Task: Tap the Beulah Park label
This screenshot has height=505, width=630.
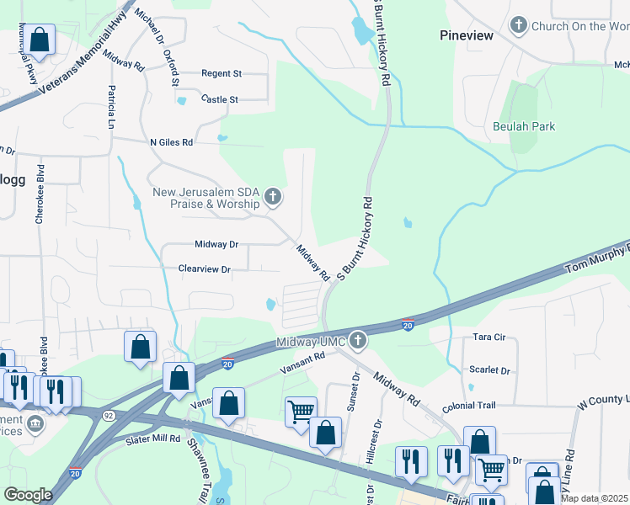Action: pyautogui.click(x=524, y=127)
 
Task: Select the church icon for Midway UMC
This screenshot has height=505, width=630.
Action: pyautogui.click(x=358, y=341)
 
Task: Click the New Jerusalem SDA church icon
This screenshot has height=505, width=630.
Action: pyautogui.click(x=272, y=198)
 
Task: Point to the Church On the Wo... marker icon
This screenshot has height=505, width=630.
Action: pyautogui.click(x=519, y=26)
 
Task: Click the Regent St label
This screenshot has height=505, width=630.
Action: pyautogui.click(x=222, y=74)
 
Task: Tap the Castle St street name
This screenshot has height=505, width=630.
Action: pyautogui.click(x=220, y=99)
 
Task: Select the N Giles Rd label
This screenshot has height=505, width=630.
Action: pyautogui.click(x=171, y=142)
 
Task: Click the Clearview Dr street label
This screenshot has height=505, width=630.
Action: pyautogui.click(x=204, y=269)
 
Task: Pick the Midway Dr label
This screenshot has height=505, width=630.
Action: pyautogui.click(x=216, y=244)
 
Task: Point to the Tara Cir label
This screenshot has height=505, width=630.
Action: pyautogui.click(x=489, y=337)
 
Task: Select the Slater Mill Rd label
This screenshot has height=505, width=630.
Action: pyautogui.click(x=153, y=439)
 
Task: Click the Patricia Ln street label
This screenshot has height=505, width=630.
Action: pyautogui.click(x=110, y=107)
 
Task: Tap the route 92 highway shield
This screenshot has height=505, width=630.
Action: pyautogui.click(x=110, y=415)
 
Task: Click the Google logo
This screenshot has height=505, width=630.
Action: pyautogui.click(x=28, y=495)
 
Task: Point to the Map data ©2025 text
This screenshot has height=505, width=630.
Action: pyautogui.click(x=594, y=498)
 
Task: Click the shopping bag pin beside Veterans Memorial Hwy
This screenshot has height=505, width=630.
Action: pyautogui.click(x=39, y=39)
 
